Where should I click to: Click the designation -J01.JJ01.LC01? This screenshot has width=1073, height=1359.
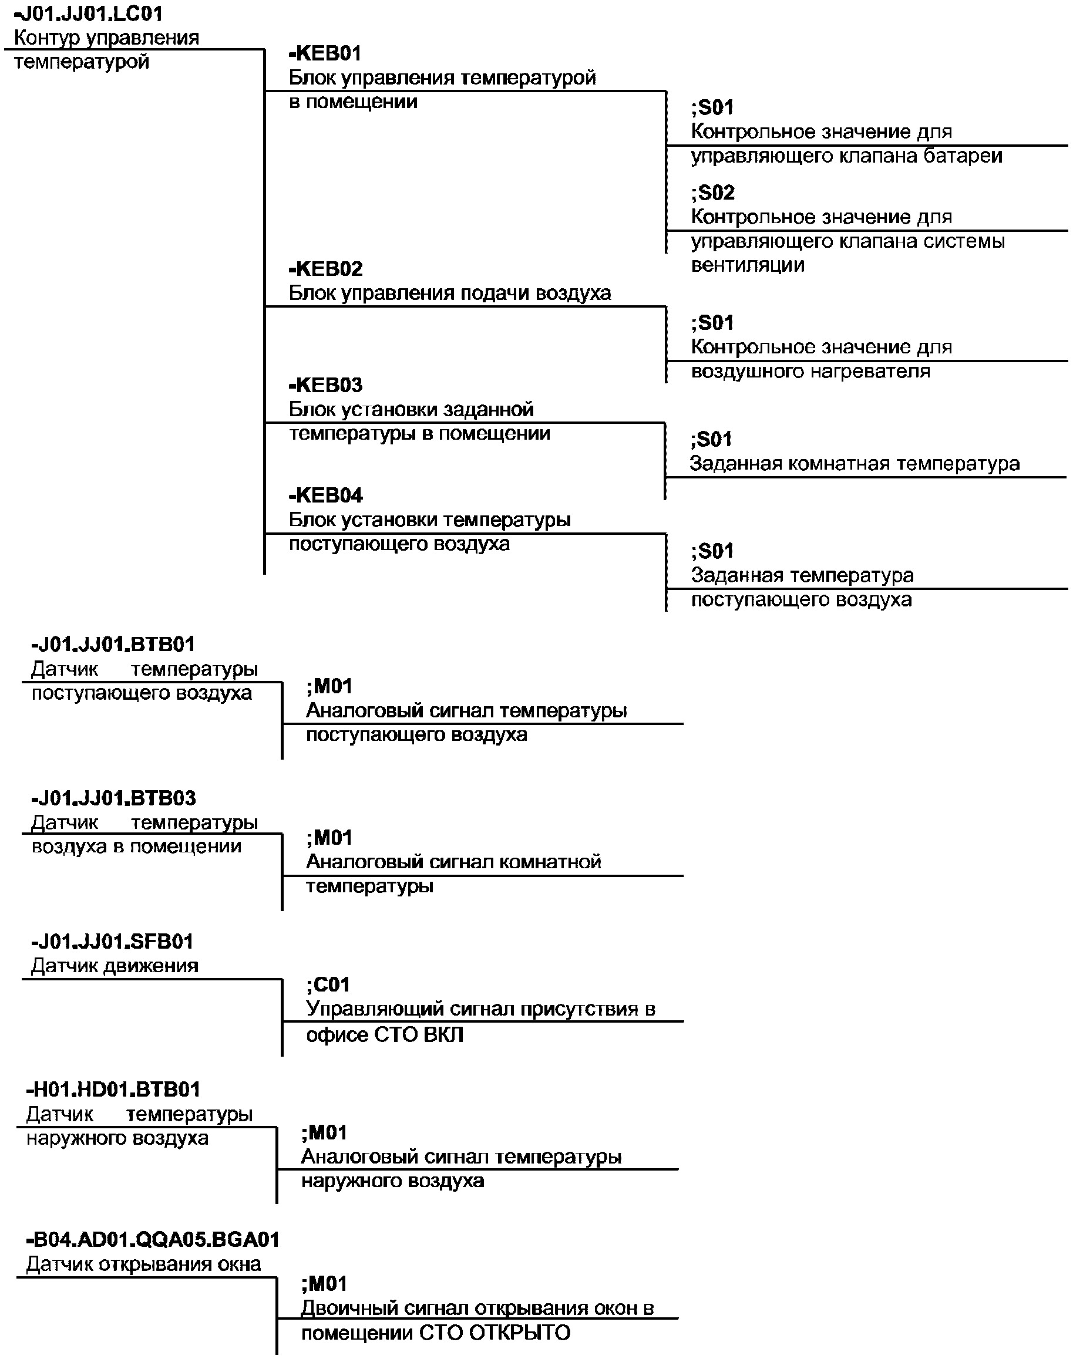click(88, 14)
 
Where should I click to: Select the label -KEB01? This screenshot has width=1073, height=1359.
click(325, 53)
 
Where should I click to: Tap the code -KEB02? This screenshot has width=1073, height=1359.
click(326, 269)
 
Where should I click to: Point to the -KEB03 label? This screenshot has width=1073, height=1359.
click(326, 385)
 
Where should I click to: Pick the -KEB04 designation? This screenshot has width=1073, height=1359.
click(326, 495)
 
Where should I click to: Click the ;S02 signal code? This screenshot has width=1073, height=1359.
click(713, 193)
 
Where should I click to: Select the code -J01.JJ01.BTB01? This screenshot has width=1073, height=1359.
click(113, 645)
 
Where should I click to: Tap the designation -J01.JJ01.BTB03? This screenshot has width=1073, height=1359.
click(114, 798)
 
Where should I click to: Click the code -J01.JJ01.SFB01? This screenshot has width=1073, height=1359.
click(112, 942)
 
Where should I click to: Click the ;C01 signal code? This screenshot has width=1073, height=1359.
click(328, 984)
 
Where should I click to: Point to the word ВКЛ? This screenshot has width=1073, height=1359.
click(443, 1034)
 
